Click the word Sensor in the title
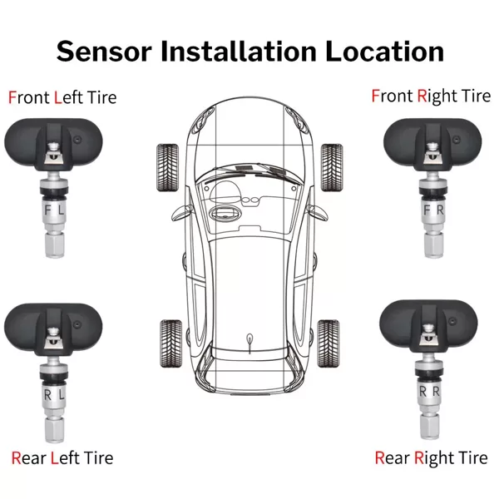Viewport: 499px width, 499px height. (x=104, y=52)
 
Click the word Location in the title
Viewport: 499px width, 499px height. (x=384, y=52)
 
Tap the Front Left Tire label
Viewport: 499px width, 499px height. (x=62, y=97)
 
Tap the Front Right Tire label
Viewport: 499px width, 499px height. (x=431, y=96)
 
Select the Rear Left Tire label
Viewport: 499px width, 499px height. (x=62, y=458)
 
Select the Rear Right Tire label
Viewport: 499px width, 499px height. (x=431, y=458)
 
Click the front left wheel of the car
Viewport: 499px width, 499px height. (x=167, y=168)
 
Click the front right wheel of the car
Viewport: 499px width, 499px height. (x=332, y=167)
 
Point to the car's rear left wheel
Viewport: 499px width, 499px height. (x=170, y=343)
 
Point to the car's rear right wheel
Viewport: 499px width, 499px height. (x=329, y=343)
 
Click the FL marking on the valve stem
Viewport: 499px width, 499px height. (x=54, y=210)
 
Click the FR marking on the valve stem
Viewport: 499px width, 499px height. (x=433, y=210)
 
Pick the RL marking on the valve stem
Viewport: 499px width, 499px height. (x=54, y=395)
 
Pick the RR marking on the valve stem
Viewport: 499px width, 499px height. (x=430, y=392)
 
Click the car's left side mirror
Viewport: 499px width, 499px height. (x=179, y=213)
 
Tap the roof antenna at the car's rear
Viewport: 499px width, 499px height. (x=249, y=343)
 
